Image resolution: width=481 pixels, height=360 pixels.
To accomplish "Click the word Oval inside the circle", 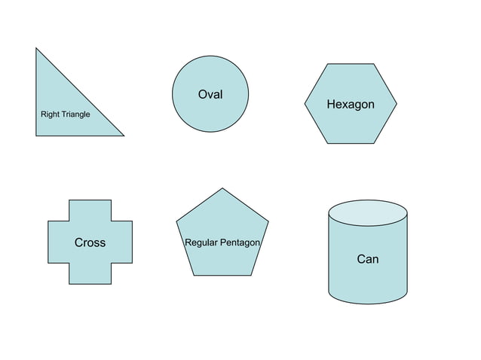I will [x=210, y=94].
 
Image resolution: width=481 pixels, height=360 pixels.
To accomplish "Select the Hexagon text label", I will [x=350, y=104].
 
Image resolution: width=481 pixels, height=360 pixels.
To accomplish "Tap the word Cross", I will [x=90, y=243].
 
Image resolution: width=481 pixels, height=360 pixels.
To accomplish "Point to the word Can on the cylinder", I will [x=367, y=259].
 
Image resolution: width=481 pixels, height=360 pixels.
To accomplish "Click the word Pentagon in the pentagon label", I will [x=240, y=243].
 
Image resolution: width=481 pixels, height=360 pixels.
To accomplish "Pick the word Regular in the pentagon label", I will [x=201, y=243].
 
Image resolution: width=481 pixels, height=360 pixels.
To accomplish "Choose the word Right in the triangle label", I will [x=50, y=114].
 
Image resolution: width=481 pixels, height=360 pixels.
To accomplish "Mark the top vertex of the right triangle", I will [x=36, y=49].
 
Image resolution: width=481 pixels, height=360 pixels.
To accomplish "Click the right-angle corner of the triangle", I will [x=36, y=136].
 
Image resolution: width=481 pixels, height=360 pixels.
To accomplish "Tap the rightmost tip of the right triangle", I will [x=123, y=136].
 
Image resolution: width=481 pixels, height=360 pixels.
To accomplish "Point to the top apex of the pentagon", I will [x=222, y=188].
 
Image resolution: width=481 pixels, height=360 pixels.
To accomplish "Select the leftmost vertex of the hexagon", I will [x=305, y=103].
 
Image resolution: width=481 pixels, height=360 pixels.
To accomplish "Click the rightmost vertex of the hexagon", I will [x=397, y=103].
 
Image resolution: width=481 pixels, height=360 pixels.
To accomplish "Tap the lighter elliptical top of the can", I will [x=368, y=212].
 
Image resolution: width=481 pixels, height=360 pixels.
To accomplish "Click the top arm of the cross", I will [x=90, y=210].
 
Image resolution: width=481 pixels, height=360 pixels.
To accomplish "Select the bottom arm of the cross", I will [x=90, y=273].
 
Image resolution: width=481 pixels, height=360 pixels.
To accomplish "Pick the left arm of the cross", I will [x=59, y=242].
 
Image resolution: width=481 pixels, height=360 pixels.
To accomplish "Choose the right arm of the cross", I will [x=121, y=242].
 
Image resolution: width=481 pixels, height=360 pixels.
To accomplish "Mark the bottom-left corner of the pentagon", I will [x=194, y=275].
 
